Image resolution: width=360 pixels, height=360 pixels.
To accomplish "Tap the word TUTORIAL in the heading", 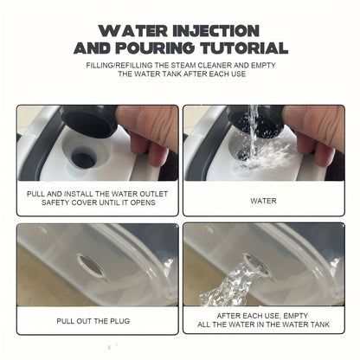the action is click(244, 48).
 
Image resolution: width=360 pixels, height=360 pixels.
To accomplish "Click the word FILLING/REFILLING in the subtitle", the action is click(119, 65).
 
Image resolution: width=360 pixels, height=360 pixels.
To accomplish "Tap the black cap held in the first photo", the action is click(89, 120).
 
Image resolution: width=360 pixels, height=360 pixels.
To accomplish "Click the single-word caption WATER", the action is click(263, 201).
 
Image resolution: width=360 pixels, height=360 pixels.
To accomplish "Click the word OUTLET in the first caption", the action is click(153, 194).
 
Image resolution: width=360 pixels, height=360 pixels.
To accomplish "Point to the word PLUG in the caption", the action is click(120, 321).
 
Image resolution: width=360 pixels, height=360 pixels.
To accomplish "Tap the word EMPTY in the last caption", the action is click(295, 316).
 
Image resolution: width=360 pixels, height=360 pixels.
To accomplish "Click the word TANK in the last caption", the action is click(319, 325).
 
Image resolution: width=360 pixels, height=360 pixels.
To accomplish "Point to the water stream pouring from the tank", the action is click(228, 284).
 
